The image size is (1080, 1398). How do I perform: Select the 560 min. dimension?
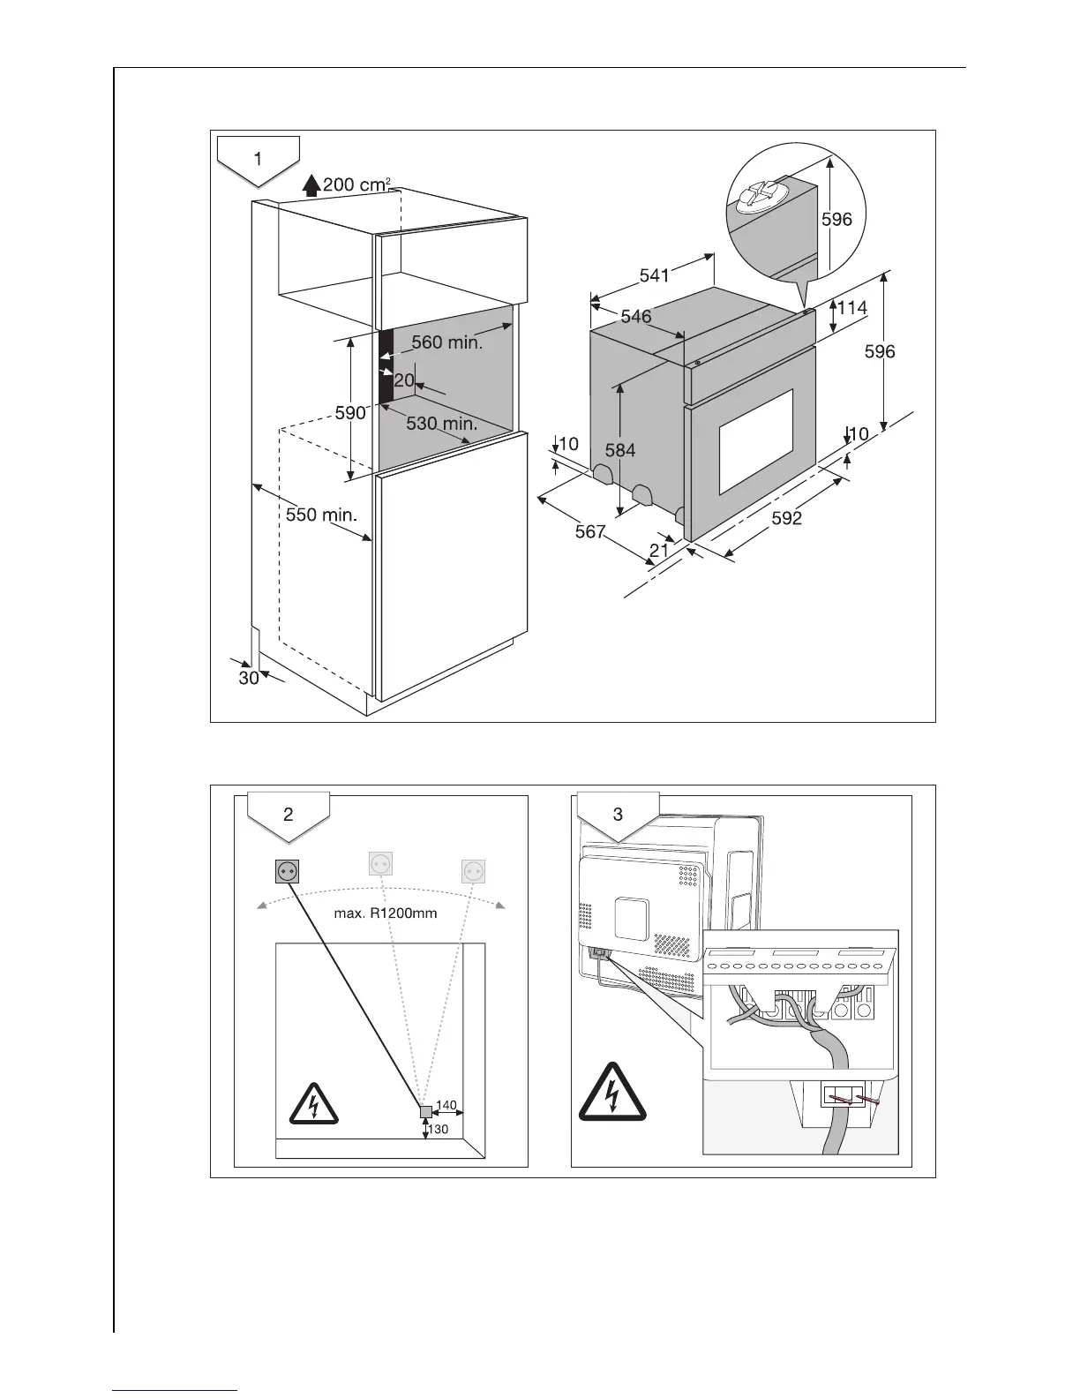click(x=446, y=342)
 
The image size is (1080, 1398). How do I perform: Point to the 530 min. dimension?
click(x=441, y=424)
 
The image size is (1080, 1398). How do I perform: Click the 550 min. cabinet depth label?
click(x=321, y=514)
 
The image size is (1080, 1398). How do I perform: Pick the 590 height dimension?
click(x=350, y=412)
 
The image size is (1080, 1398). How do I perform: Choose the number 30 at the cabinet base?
click(x=248, y=678)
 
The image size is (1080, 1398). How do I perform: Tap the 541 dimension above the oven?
click(x=654, y=275)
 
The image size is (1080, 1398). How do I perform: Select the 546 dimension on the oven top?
click(x=635, y=316)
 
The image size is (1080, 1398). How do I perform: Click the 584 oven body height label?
click(x=619, y=450)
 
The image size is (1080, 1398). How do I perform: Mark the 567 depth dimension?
click(x=590, y=531)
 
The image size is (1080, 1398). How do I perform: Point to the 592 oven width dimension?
click(x=786, y=519)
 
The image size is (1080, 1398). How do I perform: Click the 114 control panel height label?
click(x=851, y=307)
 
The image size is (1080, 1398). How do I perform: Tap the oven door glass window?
click(x=755, y=441)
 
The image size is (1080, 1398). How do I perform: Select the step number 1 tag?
click(x=258, y=160)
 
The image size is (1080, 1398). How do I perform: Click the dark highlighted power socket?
click(x=287, y=871)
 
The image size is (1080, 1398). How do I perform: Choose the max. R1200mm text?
click(x=385, y=913)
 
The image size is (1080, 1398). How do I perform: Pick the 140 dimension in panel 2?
click(x=446, y=1105)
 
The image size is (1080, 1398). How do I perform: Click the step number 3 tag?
click(x=618, y=814)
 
